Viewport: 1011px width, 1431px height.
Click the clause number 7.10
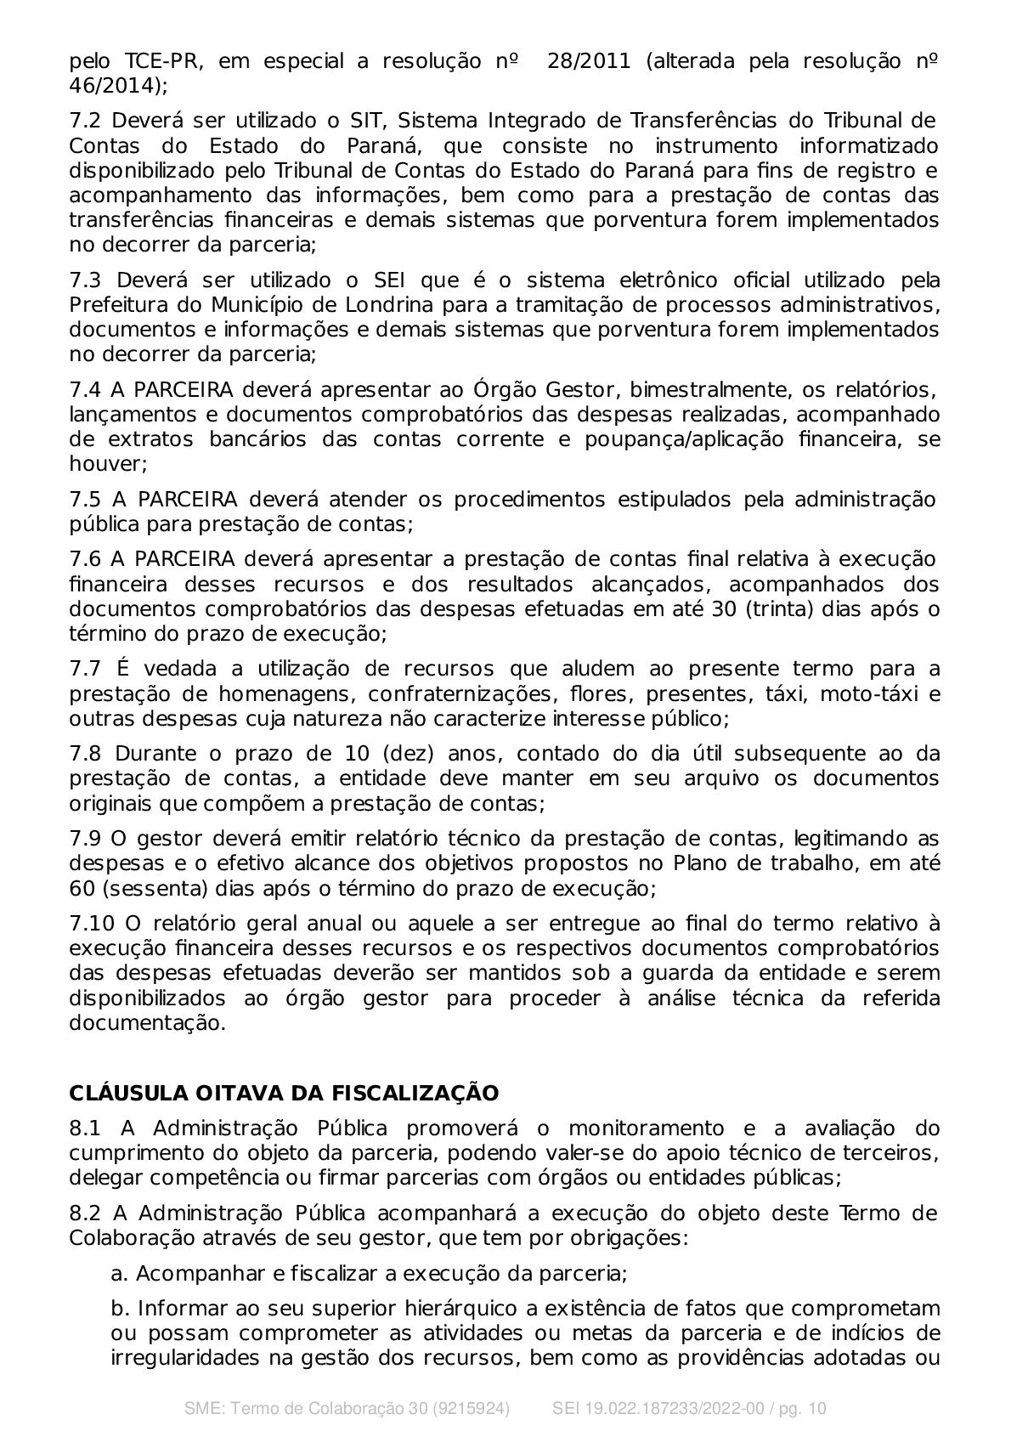click(91, 924)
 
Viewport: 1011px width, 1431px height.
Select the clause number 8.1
click(85, 1128)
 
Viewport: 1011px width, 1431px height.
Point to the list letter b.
click(118, 1308)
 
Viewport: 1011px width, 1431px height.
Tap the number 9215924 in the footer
click(468, 1408)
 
